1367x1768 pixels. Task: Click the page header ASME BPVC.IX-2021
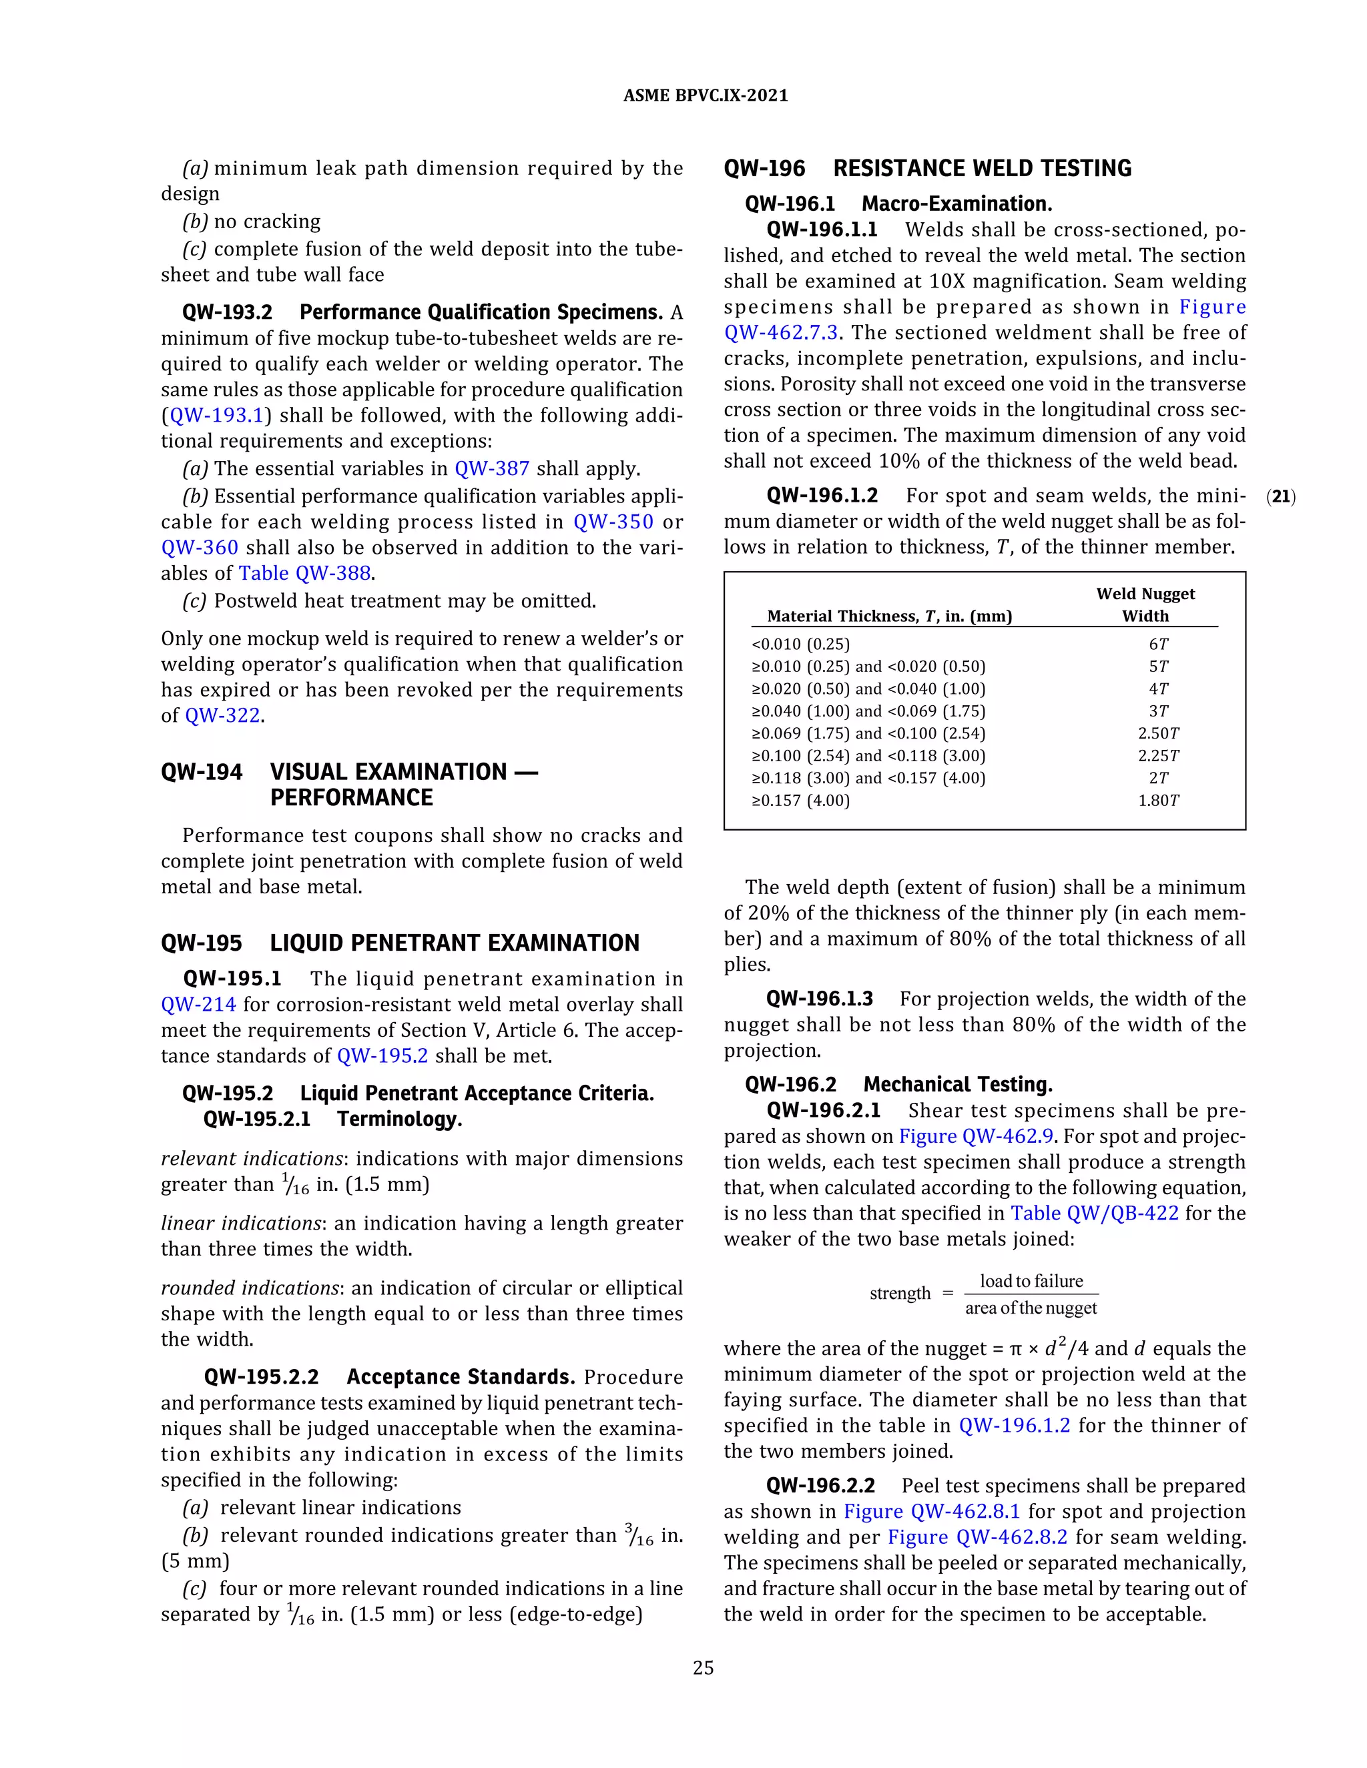pos(705,95)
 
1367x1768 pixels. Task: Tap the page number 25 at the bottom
pos(703,1668)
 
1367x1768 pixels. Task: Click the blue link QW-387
pos(491,469)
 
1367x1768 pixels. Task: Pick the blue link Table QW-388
pos(304,573)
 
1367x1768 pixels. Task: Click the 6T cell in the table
pos(1158,644)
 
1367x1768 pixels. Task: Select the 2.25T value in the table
pos(1158,756)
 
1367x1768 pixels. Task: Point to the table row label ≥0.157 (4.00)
pos(801,801)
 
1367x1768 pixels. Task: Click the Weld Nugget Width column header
pos(1145,604)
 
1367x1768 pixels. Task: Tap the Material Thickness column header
pos(889,616)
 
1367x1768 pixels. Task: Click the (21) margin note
pos(1280,497)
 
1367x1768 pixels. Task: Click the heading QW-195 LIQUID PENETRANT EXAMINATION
pos(400,943)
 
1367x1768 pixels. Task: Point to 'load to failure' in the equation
pos(1031,1282)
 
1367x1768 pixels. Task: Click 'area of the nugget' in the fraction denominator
pos(1031,1308)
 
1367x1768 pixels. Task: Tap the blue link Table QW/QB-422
pos(1094,1214)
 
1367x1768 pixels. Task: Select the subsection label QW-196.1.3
pos(819,999)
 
